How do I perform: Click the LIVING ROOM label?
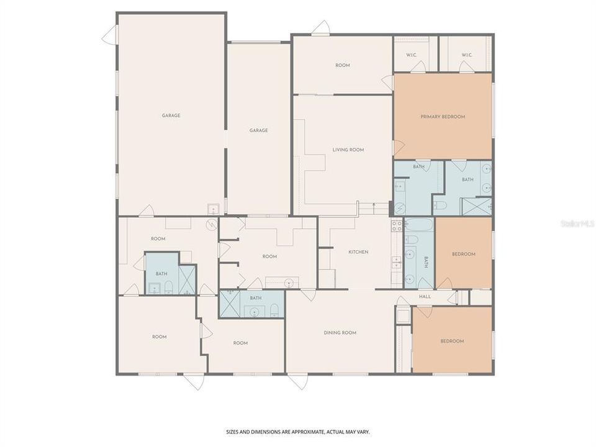coord(348,150)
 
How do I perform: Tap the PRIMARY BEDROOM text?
coord(443,117)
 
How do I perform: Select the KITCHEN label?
coord(358,252)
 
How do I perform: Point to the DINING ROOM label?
coord(340,333)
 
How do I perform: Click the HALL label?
coord(425,297)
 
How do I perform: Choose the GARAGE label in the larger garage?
coord(171,115)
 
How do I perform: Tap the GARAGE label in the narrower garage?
coord(258,130)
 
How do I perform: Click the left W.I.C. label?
coord(411,55)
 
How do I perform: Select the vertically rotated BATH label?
coord(427,262)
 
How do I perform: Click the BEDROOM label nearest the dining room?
coord(452,341)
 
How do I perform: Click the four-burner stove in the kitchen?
coord(396,225)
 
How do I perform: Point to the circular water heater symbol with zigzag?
coord(210,225)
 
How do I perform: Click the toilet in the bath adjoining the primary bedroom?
coord(438,205)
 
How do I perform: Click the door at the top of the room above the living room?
coord(321,28)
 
